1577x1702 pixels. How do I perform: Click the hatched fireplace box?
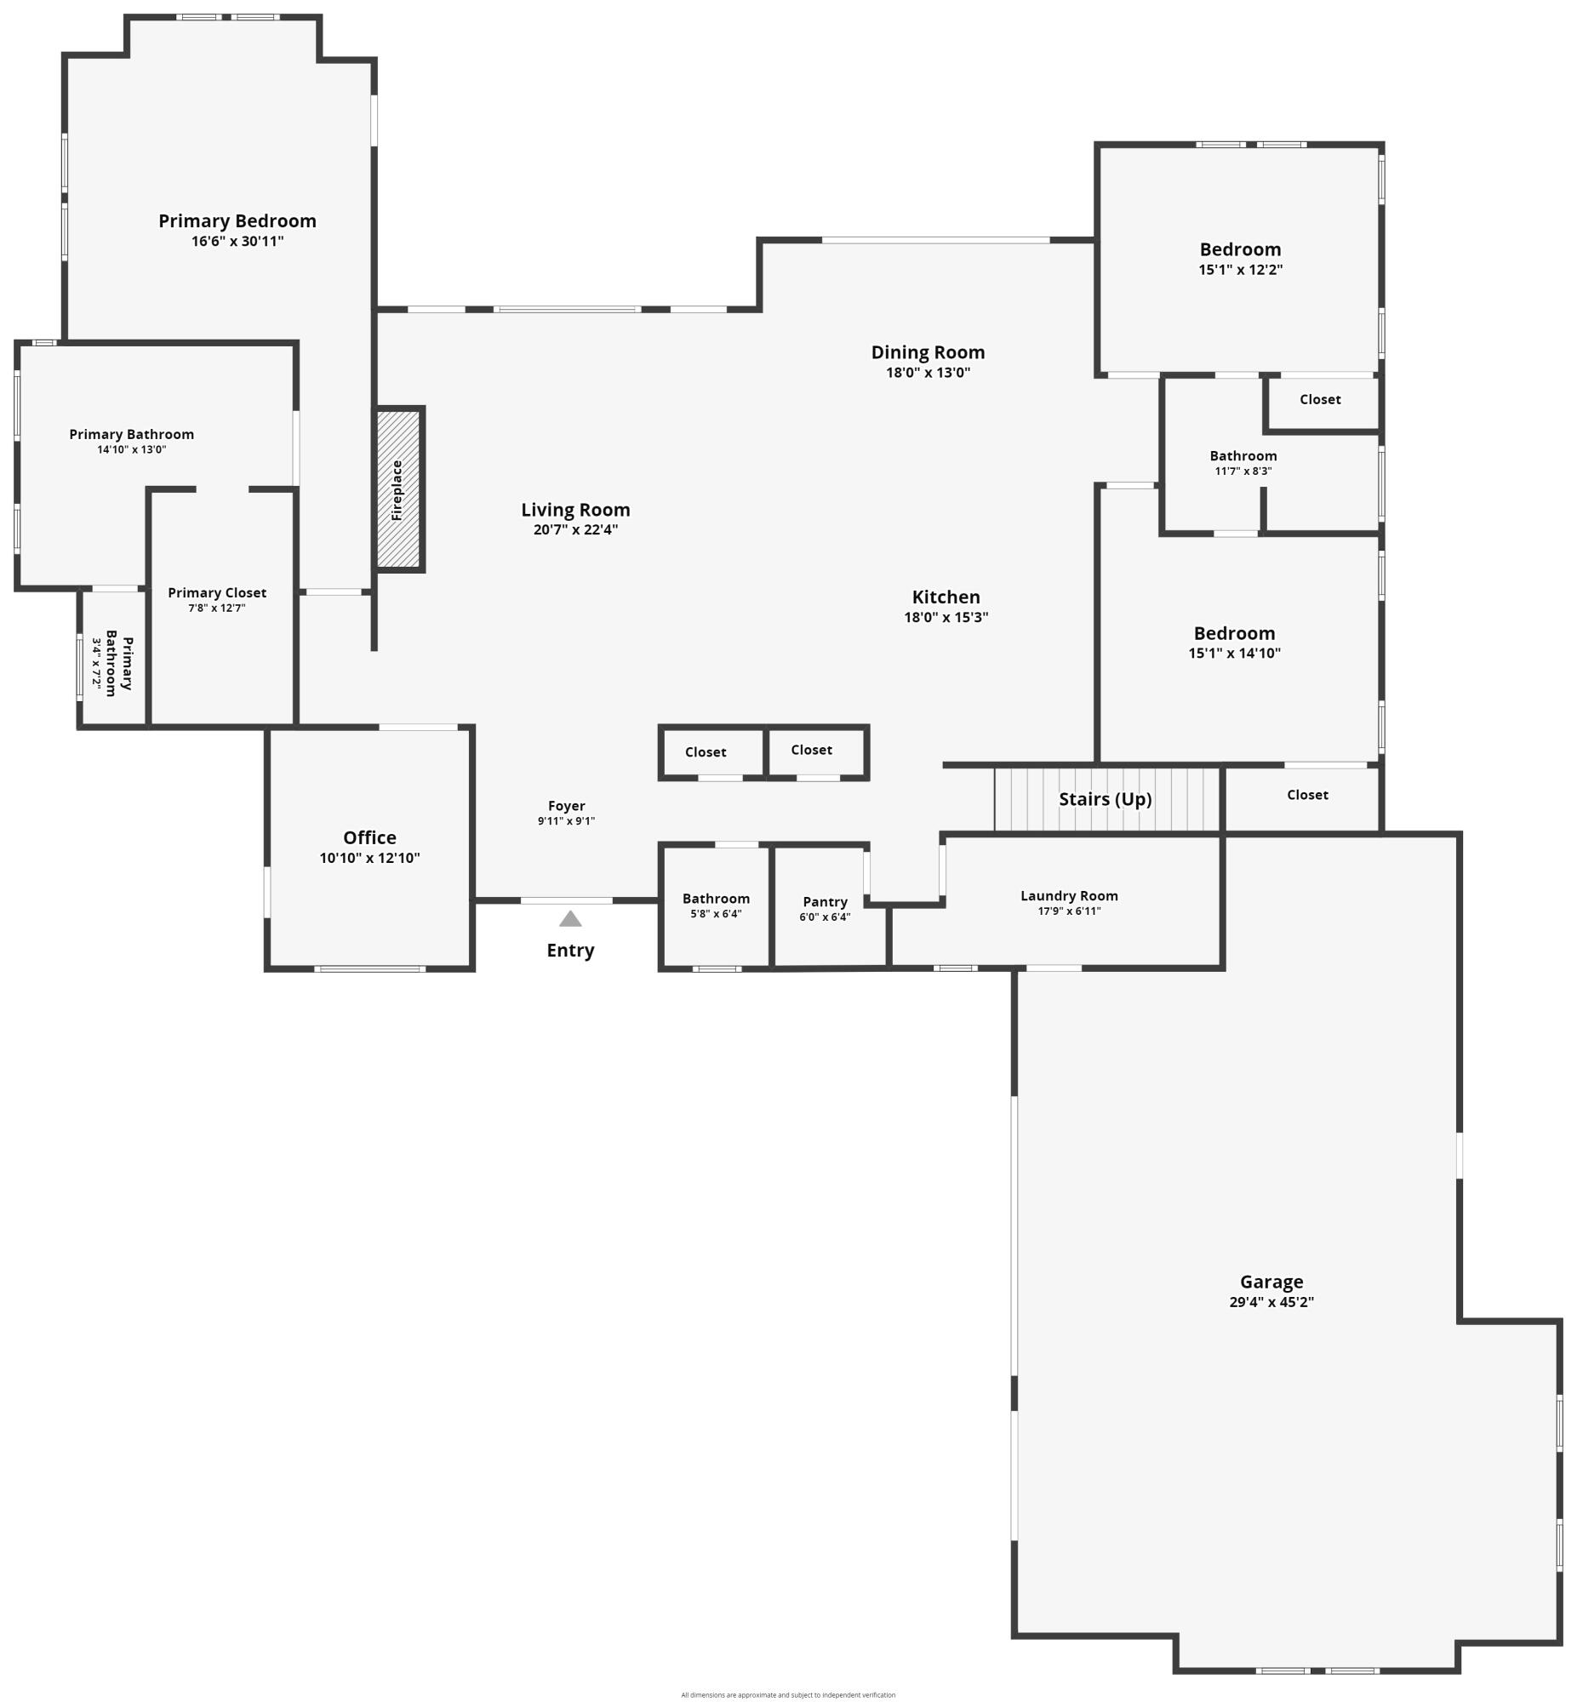(398, 489)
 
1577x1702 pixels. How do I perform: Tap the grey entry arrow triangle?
(570, 919)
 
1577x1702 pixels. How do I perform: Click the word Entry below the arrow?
(570, 951)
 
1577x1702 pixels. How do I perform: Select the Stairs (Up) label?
(1106, 799)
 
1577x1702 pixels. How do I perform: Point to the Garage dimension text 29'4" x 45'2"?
(1271, 1302)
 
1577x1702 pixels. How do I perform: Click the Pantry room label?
(826, 902)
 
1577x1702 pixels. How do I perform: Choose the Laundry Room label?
(1068, 896)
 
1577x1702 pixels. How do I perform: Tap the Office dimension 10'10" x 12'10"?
(369, 859)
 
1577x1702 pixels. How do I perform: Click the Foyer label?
(567, 806)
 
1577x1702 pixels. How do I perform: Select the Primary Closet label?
(217, 593)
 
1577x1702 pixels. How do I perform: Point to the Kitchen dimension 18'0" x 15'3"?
(946, 618)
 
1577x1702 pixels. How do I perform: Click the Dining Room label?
(928, 352)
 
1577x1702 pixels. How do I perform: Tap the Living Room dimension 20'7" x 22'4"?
(575, 530)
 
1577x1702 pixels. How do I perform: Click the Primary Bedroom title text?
(237, 221)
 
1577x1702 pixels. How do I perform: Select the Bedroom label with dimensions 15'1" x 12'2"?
(1240, 250)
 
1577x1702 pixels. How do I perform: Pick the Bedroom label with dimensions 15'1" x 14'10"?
(1234, 634)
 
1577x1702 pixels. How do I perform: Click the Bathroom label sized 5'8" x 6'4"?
(716, 900)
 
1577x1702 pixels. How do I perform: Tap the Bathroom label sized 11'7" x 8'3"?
(1243, 456)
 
